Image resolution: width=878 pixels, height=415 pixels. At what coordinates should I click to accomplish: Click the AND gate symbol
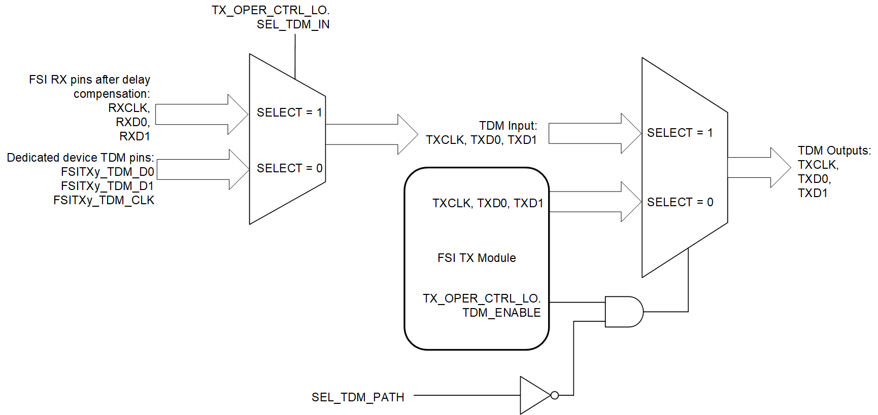(624, 312)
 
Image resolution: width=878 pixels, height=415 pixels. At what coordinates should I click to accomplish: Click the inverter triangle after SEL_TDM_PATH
(533, 395)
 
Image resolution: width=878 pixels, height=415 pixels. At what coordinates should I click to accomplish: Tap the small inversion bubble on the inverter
(555, 395)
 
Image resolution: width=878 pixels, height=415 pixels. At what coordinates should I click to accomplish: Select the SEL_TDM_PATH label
(358, 397)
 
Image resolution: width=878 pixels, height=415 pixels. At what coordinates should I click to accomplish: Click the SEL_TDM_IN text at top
(293, 24)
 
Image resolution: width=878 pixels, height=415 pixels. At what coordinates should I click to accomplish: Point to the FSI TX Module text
(477, 258)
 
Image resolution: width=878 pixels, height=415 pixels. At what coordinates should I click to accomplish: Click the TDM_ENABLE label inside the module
(501, 313)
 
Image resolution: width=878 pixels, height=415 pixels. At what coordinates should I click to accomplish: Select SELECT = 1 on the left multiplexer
(289, 112)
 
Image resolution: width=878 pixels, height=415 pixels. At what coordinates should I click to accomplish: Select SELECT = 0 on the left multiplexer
(289, 168)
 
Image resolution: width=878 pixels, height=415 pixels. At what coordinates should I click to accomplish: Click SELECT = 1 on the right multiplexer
(680, 133)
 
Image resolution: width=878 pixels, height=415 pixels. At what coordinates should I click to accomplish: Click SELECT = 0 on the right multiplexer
(680, 202)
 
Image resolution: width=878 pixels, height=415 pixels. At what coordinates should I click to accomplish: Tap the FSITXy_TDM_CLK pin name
(104, 200)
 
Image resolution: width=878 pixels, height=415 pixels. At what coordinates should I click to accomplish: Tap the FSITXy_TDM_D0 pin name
(107, 172)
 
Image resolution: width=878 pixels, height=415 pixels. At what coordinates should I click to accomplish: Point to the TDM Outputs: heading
(834, 150)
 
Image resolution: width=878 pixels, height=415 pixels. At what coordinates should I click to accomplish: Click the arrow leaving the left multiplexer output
(370, 134)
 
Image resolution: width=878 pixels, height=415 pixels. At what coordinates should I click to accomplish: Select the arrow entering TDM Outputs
(758, 168)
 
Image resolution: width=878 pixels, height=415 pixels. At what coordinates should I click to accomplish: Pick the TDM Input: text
(508, 126)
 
